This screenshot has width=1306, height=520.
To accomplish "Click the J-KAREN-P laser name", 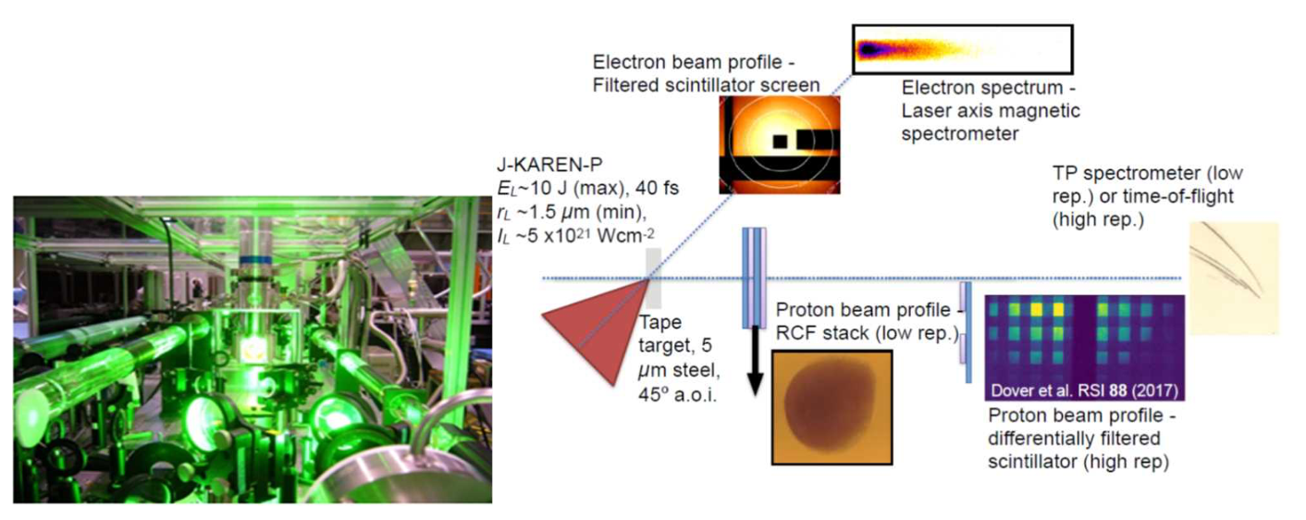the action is point(549,165).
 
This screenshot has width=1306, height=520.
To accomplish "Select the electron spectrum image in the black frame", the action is point(962,50).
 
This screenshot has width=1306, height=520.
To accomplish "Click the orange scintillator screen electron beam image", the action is point(780,144).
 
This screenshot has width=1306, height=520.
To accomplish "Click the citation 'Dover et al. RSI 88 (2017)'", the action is point(1084,390).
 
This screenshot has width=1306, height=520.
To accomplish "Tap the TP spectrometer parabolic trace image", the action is point(1234,279).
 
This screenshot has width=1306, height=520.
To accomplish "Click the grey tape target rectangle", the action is point(654,279).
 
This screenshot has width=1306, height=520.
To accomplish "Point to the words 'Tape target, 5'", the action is point(676,333).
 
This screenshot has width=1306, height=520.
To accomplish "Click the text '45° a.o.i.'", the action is point(677,395).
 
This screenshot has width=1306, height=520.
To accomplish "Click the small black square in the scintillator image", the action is point(780,141).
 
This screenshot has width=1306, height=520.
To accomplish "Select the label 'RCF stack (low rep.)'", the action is point(867,333).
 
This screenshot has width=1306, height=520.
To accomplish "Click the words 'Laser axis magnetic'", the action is point(991,111).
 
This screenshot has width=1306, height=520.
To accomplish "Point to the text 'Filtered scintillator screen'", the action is point(706,85).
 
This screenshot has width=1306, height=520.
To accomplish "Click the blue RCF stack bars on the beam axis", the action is point(754,278).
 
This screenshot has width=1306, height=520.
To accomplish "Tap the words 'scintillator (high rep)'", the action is point(1078,462).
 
